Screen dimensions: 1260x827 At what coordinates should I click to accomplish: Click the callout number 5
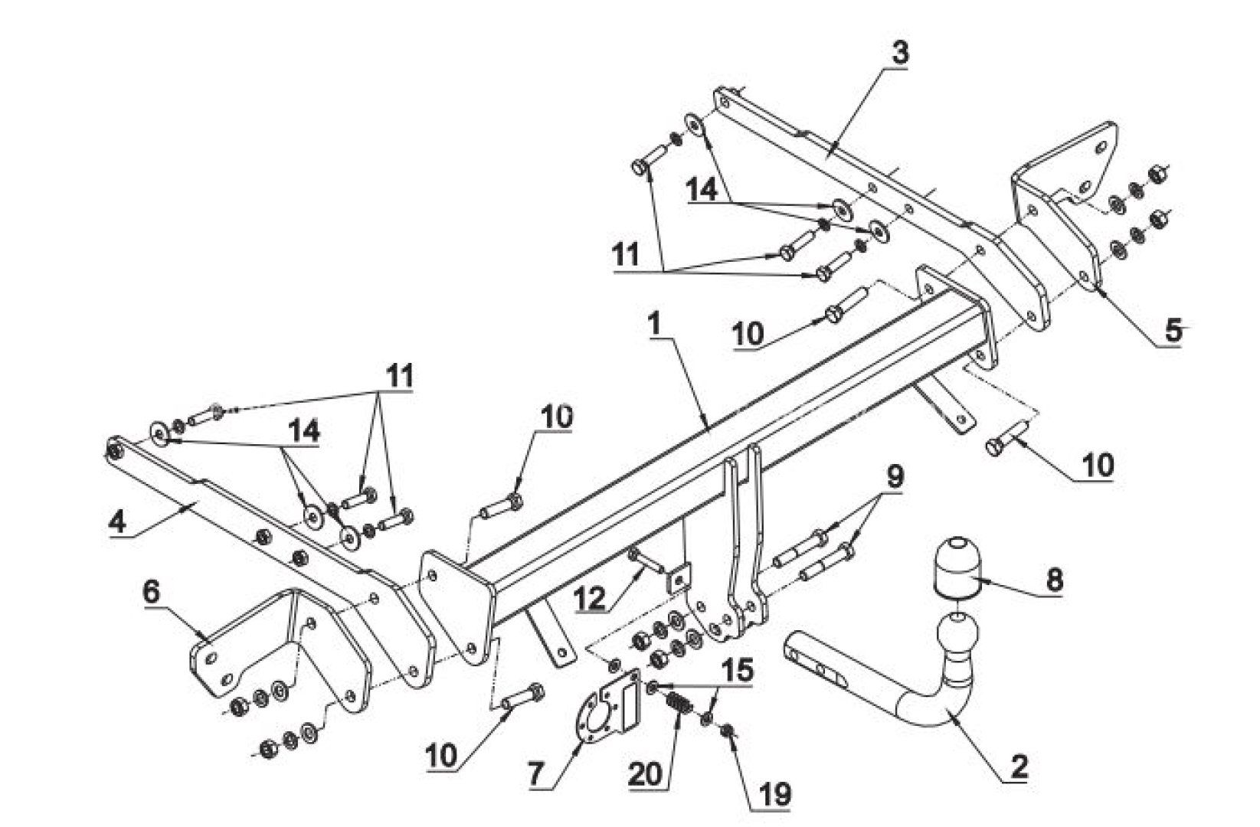point(1173,331)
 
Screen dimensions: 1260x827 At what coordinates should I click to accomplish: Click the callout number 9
point(895,477)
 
